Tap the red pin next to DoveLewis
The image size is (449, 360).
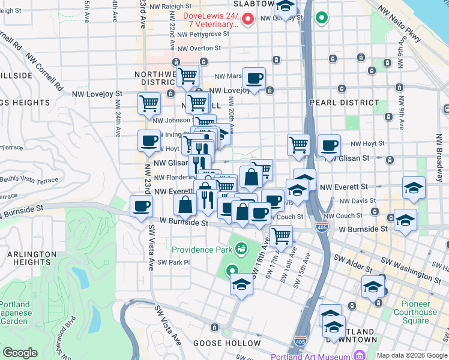coord(247,20)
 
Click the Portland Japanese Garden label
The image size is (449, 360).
coord(14,313)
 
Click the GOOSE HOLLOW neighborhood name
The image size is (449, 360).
coord(227,343)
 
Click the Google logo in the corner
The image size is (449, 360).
coord(20,353)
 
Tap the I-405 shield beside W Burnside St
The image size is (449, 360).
coord(324,229)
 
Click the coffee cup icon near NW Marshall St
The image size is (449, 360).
coord(254,77)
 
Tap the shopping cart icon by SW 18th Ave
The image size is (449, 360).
coord(281,236)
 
